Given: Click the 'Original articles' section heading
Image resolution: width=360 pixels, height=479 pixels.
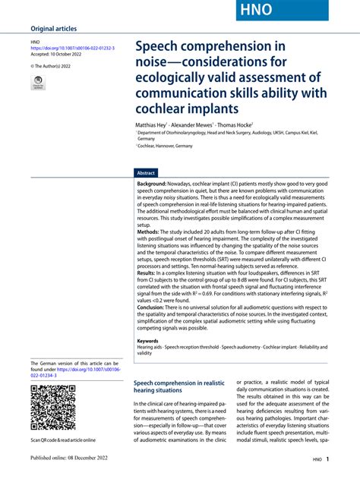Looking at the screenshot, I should click(54, 29).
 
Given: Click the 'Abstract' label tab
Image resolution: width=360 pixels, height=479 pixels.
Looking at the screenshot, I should click(145, 173).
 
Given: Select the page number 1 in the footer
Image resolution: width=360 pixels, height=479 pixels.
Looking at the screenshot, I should click(327, 459).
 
